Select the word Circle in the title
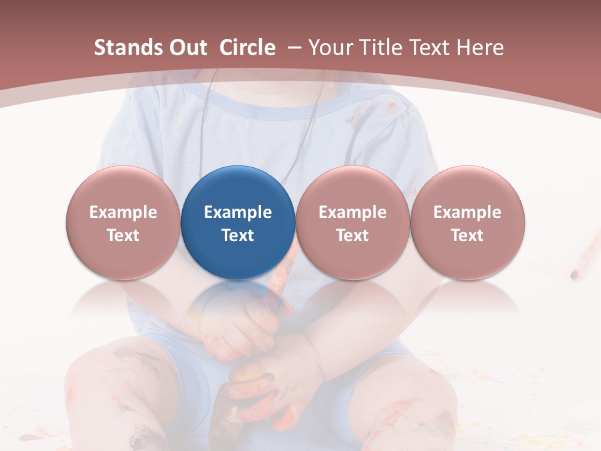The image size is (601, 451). click(x=247, y=48)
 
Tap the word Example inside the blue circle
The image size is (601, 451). click(x=238, y=212)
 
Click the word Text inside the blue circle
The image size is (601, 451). click(x=238, y=236)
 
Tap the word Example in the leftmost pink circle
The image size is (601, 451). click(x=123, y=212)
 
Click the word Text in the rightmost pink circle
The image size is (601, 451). click(x=467, y=236)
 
